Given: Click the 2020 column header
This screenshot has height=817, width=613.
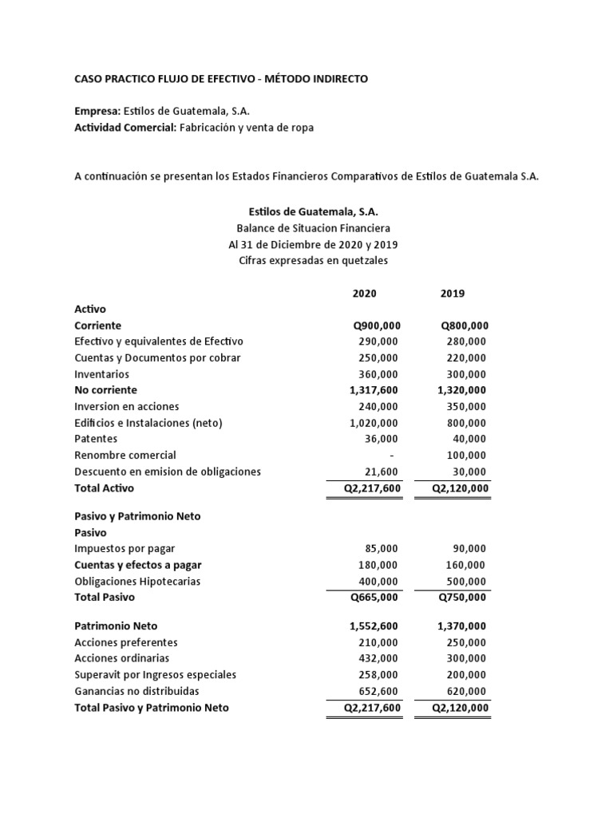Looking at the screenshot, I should pyautogui.click(x=365, y=293).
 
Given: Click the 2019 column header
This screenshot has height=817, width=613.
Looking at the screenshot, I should pyautogui.click(x=453, y=293).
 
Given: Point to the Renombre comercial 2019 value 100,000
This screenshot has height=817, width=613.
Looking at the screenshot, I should pyautogui.click(x=465, y=455).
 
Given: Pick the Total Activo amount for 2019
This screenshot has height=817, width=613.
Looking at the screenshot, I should pyautogui.click(x=461, y=487).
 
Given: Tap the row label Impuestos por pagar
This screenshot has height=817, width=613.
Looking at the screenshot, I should pyautogui.click(x=124, y=549).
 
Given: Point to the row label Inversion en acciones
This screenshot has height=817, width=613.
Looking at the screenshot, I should pyautogui.click(x=126, y=406).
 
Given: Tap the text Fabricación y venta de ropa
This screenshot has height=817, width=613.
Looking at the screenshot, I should pyautogui.click(x=241, y=128).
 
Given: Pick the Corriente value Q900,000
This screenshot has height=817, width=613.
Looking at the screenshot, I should pyautogui.click(x=377, y=326).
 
